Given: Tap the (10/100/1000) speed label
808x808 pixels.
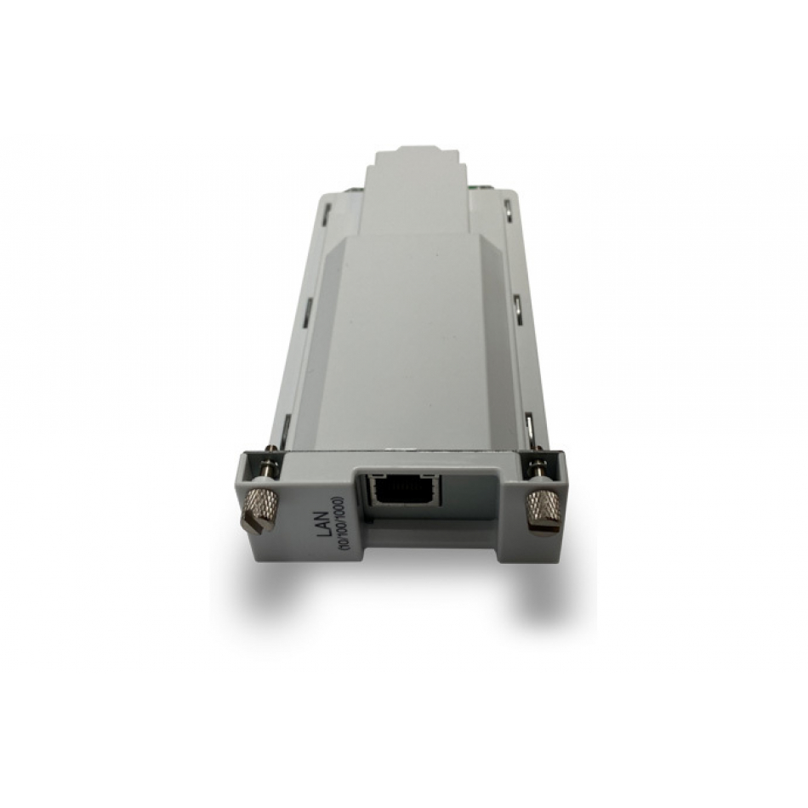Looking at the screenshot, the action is [339, 526].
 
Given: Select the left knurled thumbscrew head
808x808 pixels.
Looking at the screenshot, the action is [261, 509].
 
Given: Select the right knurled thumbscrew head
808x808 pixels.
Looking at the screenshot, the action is [543, 512].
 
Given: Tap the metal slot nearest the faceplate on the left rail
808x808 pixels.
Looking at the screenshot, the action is [283, 428].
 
